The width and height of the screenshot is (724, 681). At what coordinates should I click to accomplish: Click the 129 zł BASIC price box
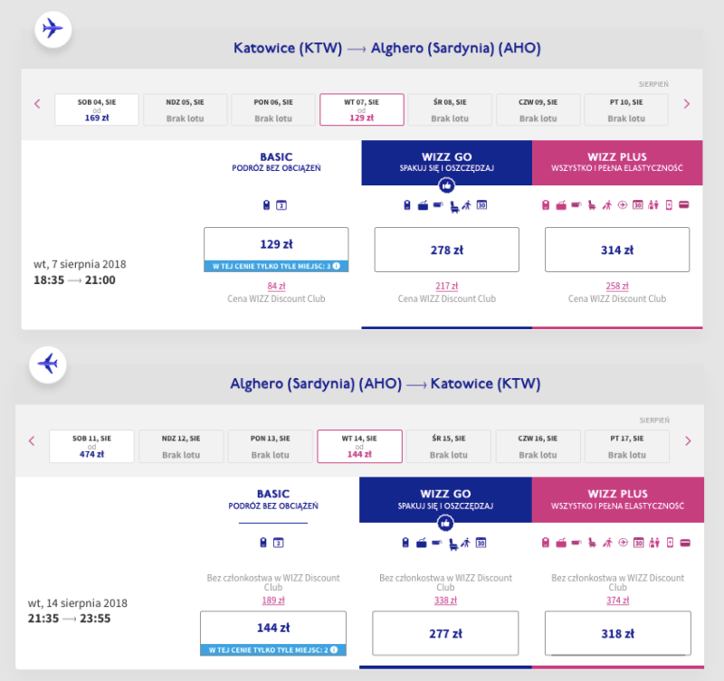click(x=276, y=249)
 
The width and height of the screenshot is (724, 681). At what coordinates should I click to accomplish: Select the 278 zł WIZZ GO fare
click(x=446, y=250)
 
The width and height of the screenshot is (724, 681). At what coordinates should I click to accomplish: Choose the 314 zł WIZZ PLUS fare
click(x=617, y=250)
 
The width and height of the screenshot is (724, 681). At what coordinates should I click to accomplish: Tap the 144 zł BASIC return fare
click(x=273, y=633)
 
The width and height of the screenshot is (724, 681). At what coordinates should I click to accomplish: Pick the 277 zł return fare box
click(x=445, y=633)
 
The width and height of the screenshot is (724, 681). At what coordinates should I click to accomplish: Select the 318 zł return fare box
click(x=618, y=633)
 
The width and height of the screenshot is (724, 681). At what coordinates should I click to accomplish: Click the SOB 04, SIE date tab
click(x=97, y=109)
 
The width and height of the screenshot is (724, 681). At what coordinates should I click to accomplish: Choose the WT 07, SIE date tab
click(x=361, y=109)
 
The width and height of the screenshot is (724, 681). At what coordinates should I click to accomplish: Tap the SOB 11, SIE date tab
click(x=91, y=446)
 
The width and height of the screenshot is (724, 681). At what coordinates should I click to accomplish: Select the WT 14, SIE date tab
click(x=359, y=446)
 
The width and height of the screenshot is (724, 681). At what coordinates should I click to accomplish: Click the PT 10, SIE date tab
click(x=626, y=109)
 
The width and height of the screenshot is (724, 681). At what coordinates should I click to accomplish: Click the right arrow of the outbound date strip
click(x=687, y=104)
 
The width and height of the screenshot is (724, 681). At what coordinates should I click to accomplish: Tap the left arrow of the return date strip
click(x=32, y=440)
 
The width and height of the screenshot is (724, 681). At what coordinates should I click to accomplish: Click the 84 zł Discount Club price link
click(x=276, y=286)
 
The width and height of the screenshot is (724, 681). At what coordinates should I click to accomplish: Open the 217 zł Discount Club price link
click(x=446, y=286)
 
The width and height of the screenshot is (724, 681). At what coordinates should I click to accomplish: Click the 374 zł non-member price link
click(x=618, y=601)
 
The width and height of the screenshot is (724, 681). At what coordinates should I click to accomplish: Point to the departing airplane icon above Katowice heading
click(x=52, y=29)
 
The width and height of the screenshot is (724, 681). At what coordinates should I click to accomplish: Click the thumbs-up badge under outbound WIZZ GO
click(x=446, y=186)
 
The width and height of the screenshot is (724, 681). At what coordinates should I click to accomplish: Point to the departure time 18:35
click(x=49, y=280)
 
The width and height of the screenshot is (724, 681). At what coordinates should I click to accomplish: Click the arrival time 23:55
click(x=95, y=619)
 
